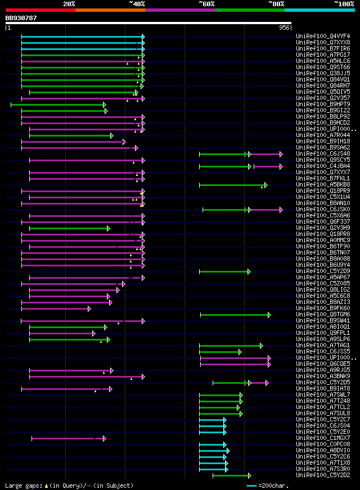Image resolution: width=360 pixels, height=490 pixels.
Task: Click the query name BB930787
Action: [x=21, y=18]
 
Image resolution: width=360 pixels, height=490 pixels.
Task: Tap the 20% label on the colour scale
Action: [x=69, y=4]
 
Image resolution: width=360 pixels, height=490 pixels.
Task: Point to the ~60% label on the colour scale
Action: [x=206, y=4]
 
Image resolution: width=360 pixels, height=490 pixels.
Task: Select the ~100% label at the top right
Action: [x=343, y=4]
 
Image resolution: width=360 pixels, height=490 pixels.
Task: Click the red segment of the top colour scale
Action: [x=40, y=10]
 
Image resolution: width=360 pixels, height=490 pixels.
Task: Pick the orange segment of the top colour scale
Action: [x=110, y=10]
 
